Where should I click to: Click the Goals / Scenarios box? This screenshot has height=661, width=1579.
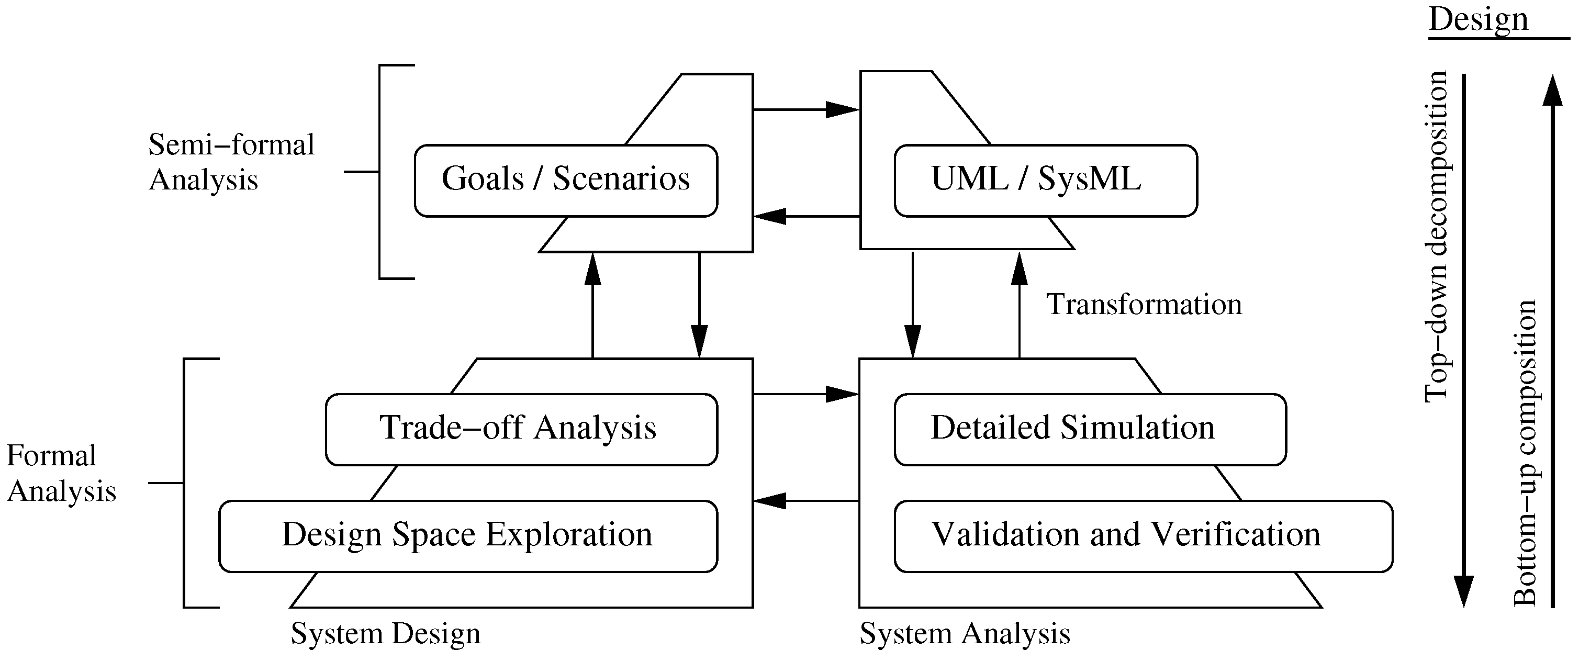(x=565, y=180)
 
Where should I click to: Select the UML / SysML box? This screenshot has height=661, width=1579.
(x=1045, y=180)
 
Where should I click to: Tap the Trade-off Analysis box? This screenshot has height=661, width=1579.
(x=521, y=429)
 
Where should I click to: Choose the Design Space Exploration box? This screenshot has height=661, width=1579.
(x=468, y=536)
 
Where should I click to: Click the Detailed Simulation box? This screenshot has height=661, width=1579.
(x=1089, y=429)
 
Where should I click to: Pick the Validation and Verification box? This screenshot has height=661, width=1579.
(x=1143, y=536)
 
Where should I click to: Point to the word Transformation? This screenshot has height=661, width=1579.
(x=1144, y=305)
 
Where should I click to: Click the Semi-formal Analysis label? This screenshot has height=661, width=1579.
(x=231, y=162)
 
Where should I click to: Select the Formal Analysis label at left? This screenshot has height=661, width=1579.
(x=61, y=473)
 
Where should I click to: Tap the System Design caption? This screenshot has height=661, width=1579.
(x=386, y=634)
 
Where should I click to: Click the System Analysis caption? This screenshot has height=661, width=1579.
(x=964, y=634)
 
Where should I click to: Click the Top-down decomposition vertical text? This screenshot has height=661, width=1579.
(x=1436, y=236)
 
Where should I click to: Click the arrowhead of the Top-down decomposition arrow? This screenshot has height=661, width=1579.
(x=1464, y=592)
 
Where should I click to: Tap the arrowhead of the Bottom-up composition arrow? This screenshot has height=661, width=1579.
(x=1552, y=91)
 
